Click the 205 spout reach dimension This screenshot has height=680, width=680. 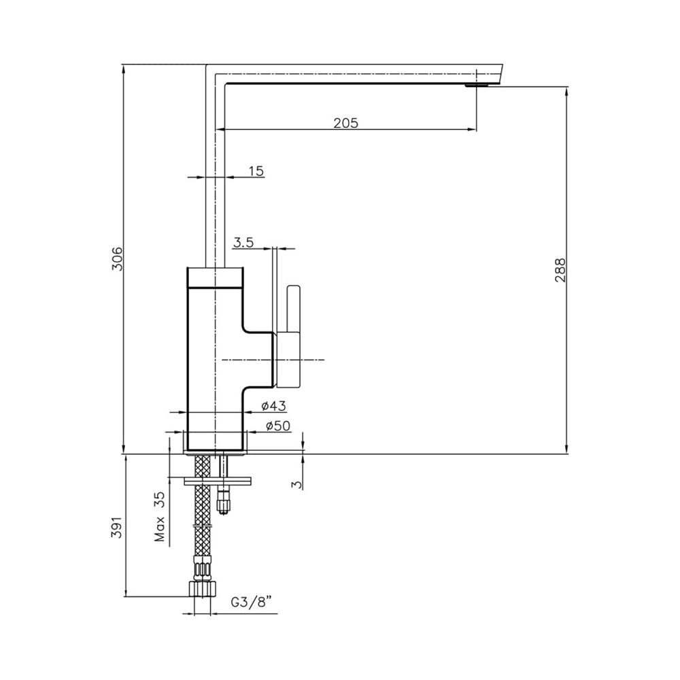[346, 123]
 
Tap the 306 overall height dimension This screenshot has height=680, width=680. [118, 258]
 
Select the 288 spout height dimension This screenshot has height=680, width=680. [560, 270]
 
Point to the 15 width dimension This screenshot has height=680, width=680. [256, 171]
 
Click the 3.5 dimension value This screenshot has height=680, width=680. [243, 243]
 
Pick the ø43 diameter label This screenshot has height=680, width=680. [274, 407]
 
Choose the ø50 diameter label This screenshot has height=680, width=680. [278, 426]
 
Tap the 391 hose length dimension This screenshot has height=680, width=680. [118, 527]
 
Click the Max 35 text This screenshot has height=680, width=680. [160, 517]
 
